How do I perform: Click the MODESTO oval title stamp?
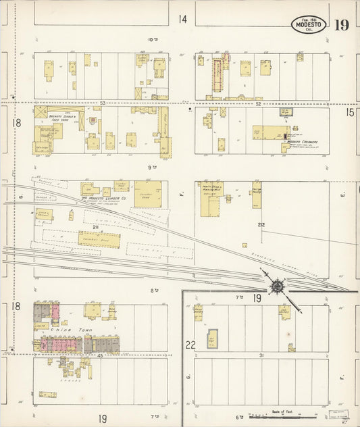coord(309,25)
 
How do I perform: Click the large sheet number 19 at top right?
coord(341,26)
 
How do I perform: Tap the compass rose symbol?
coord(277,286)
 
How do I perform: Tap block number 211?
coord(95,226)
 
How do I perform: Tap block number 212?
coord(261,225)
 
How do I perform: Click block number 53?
coord(103,103)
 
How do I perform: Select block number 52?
coord(258,103)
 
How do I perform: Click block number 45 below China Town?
coord(99,355)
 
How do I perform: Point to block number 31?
coord(260,355)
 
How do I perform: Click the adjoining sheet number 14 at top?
coord(182,19)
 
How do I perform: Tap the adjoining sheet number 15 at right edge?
coord(349,113)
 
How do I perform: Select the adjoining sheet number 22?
coord(190,345)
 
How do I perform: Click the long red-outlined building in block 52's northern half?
coord(217,75)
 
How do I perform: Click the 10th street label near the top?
coord(153,39)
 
